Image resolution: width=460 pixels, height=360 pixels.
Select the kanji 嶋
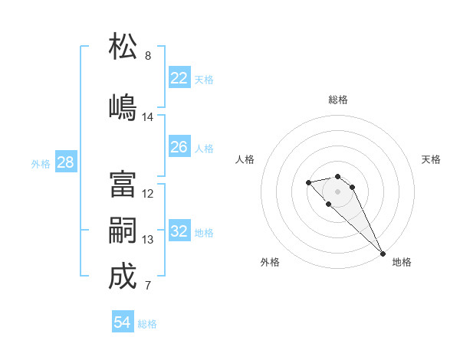[123, 107]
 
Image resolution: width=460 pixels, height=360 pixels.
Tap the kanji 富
[123, 185]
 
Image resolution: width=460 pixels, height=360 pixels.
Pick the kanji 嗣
[123, 231]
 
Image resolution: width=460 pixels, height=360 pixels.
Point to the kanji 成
[123, 277]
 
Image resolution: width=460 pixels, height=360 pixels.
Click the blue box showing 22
[179, 77]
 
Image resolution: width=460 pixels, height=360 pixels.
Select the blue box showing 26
[179, 147]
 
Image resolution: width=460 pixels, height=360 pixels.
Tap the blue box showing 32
[179, 231]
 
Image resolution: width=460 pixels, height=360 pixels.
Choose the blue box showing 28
[65, 162]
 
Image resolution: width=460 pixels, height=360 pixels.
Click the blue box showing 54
[123, 322]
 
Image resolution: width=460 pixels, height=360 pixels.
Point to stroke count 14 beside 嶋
[148, 117]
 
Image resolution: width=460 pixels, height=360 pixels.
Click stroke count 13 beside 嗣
[148, 240]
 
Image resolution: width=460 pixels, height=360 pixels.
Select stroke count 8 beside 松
[148, 56]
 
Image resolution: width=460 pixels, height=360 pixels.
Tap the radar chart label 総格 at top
[338, 100]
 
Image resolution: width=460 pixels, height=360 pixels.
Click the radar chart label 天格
[431, 159]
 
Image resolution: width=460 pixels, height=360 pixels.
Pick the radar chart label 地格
[402, 262]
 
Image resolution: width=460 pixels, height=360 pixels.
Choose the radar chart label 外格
[270, 262]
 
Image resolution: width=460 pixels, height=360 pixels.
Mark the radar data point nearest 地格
[383, 254]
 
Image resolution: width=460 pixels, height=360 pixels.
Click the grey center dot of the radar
[337, 191]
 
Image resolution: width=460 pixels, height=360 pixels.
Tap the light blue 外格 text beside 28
[41, 163]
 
